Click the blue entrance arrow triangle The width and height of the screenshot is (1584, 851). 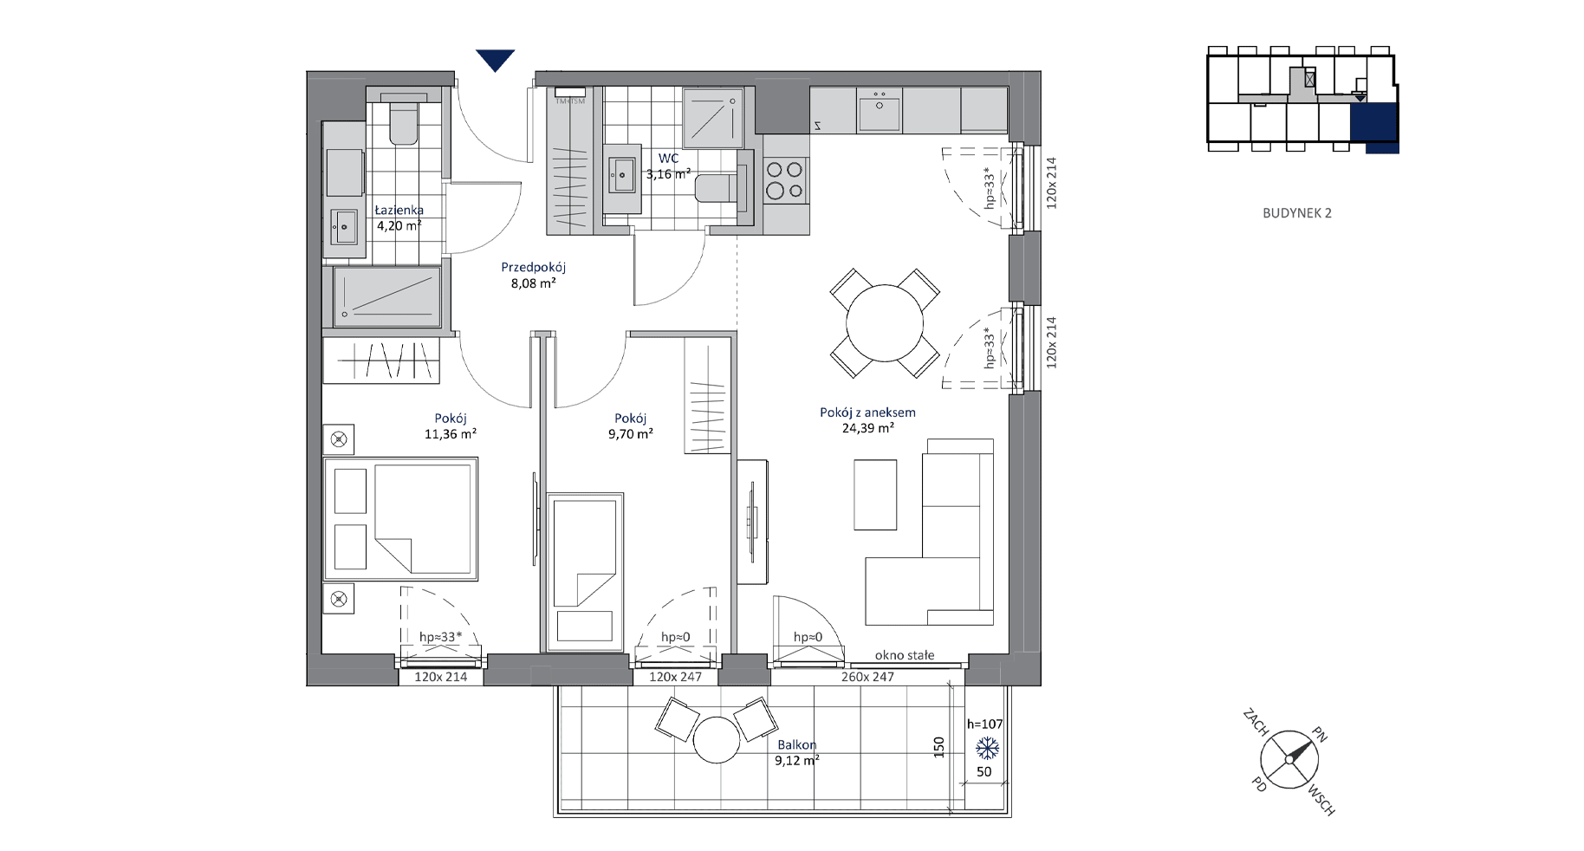click(496, 60)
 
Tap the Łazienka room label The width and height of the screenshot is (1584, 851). click(399, 210)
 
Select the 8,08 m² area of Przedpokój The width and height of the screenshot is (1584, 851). click(533, 283)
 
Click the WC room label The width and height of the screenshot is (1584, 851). click(668, 159)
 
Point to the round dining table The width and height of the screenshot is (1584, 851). click(885, 323)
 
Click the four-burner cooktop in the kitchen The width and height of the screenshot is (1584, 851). click(785, 181)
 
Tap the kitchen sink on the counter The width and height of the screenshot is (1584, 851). click(880, 111)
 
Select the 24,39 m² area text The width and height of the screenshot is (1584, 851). click(868, 428)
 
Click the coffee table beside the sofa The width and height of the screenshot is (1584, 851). click(875, 494)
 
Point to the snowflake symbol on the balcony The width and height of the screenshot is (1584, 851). click(988, 748)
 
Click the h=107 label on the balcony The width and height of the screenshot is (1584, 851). click(984, 724)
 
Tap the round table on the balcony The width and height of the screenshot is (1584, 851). click(717, 740)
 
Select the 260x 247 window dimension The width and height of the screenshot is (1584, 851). click(867, 677)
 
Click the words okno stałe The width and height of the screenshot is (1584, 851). click(905, 655)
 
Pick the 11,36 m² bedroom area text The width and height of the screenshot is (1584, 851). click(451, 434)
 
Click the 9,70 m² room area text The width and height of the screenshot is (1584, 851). click(630, 434)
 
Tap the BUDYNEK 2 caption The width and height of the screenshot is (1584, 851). click(1297, 213)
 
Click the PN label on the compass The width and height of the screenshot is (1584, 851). click(1319, 735)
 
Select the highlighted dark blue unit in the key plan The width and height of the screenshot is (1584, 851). click(1375, 127)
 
